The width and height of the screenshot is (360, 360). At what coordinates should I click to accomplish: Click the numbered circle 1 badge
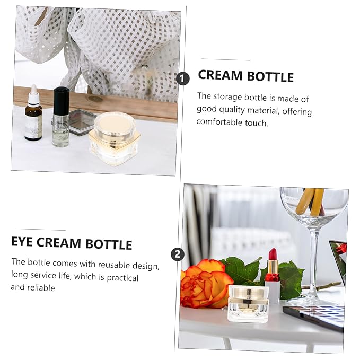click(183, 79)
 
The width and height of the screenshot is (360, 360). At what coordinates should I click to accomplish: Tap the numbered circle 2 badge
click(178, 254)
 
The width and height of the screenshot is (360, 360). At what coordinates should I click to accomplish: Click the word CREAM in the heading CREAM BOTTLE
click(220, 75)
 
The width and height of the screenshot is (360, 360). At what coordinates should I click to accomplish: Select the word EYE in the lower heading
click(22, 241)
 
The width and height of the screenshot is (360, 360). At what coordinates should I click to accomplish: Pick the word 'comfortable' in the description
click(219, 122)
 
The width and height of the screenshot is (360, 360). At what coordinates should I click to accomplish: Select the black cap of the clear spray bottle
click(62, 100)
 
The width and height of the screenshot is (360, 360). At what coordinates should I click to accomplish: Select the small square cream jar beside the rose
click(249, 303)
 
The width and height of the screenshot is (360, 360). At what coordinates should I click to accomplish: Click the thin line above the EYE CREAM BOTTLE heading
click(40, 230)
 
